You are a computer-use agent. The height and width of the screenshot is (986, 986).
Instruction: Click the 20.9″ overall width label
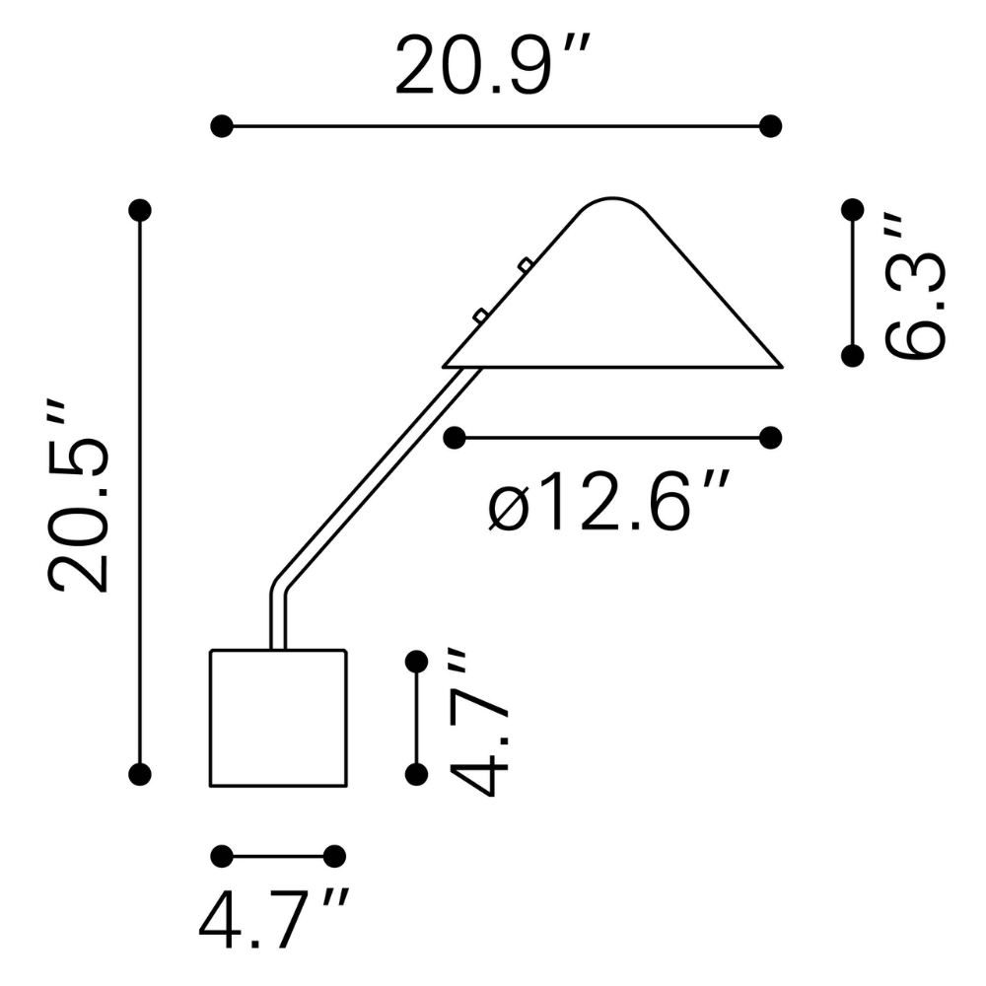(493, 64)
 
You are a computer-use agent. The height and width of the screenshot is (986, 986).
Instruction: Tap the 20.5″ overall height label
(79, 496)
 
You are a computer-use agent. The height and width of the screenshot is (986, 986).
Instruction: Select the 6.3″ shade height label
(915, 287)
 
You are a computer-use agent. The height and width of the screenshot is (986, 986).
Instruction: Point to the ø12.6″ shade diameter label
(608, 500)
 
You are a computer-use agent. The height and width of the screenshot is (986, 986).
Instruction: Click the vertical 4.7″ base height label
(478, 723)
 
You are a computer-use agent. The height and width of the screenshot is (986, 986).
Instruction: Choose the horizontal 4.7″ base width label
(274, 919)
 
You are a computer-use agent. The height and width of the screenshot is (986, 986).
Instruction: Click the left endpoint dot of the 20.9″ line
(221, 126)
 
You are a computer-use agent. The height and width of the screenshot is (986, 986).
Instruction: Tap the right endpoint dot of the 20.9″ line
(770, 126)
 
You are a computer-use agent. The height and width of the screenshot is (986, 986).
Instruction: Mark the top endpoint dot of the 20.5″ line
(140, 210)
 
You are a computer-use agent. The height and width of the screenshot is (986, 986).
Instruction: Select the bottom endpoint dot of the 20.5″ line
(140, 774)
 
